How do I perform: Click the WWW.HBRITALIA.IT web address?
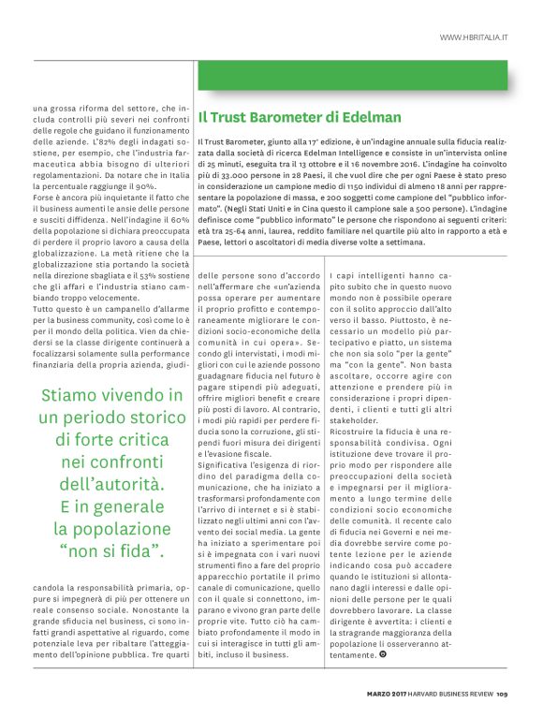[473, 37]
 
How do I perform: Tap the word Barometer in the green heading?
[280, 117]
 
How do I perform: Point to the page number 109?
[501, 694]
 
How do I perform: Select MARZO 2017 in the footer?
[386, 694]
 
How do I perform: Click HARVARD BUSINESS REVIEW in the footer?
[452, 694]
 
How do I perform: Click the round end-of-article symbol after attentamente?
[383, 654]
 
